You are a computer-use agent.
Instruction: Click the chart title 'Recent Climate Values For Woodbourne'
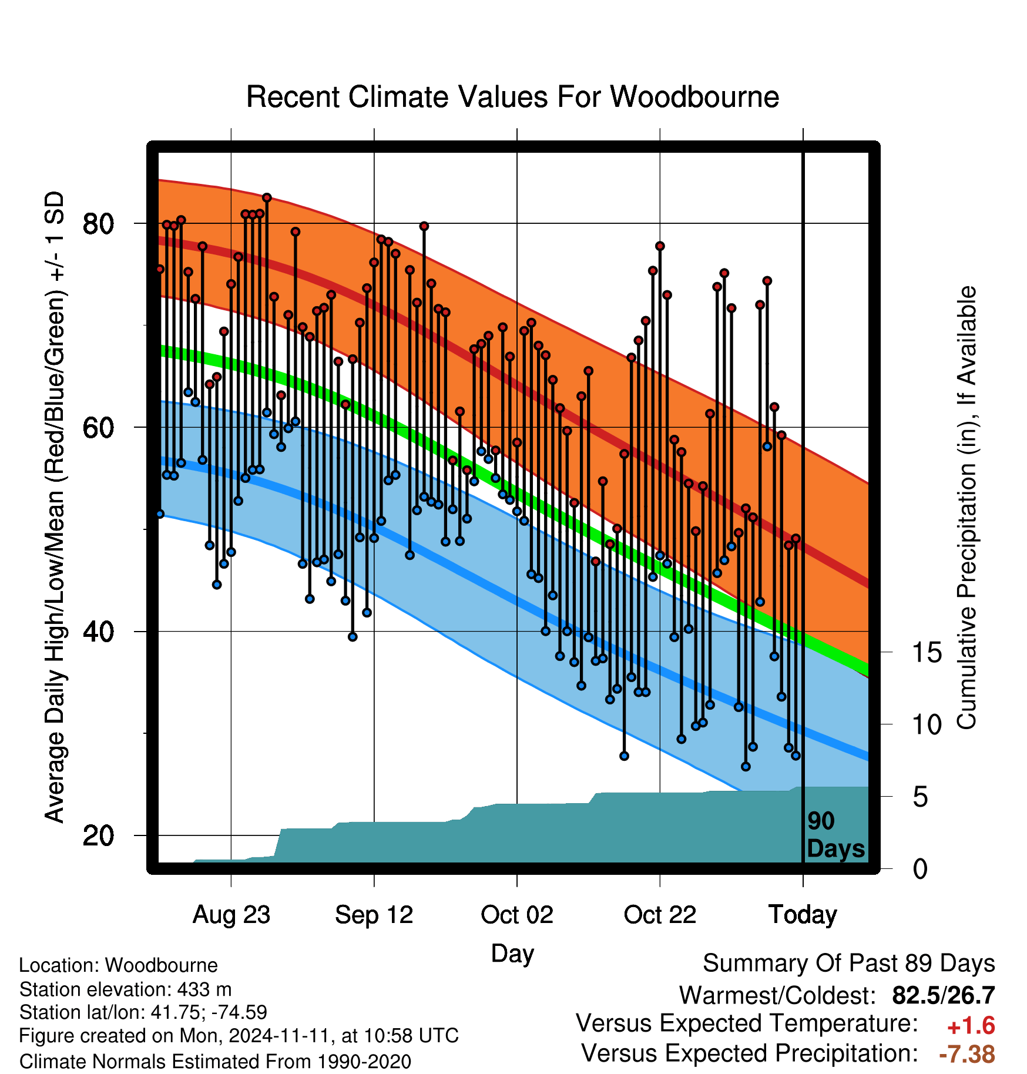tap(512, 97)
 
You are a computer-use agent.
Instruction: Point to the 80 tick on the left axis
tap(98, 224)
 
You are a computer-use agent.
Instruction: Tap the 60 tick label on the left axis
tap(98, 428)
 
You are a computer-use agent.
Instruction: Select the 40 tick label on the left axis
tap(98, 632)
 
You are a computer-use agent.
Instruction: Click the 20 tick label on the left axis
tap(98, 835)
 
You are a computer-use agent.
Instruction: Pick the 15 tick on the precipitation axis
tap(927, 653)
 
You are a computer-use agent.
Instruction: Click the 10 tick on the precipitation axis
tap(927, 725)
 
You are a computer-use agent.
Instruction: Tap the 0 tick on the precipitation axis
tap(920, 869)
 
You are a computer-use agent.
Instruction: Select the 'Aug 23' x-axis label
tap(231, 915)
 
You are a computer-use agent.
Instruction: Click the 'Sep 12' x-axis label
tap(374, 915)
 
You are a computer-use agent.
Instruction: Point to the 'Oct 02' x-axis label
tap(517, 915)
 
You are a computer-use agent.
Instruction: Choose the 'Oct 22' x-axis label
tap(660, 915)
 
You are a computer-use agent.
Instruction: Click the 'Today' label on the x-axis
tap(803, 915)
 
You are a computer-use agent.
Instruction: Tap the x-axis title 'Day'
tap(512, 954)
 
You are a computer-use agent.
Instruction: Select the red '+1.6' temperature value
tap(971, 1026)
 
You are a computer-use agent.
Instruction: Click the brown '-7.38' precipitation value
tap(967, 1054)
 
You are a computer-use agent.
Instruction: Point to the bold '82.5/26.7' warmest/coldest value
tap(944, 995)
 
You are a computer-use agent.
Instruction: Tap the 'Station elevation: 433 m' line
tap(125, 989)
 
